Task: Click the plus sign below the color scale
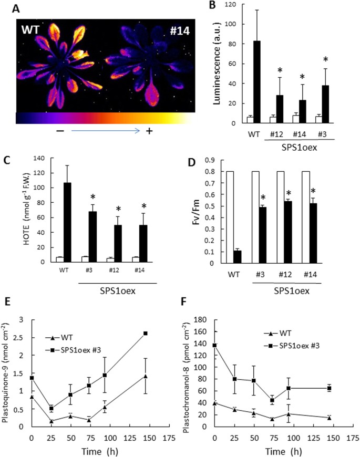[149, 132]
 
